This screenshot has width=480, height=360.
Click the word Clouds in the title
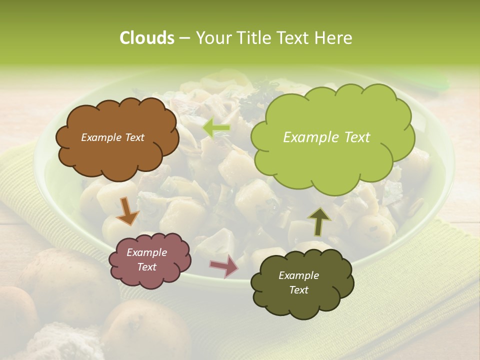pos(146,38)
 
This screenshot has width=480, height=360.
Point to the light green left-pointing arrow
pos(216,128)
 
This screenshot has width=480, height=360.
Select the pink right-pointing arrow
pos(224,265)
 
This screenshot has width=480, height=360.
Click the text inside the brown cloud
pos(112,137)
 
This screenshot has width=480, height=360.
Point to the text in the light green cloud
pos(326,137)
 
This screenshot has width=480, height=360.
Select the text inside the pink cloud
pos(146,259)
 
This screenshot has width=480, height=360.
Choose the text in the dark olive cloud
pos(298,282)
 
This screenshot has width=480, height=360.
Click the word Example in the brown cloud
pos(100,137)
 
